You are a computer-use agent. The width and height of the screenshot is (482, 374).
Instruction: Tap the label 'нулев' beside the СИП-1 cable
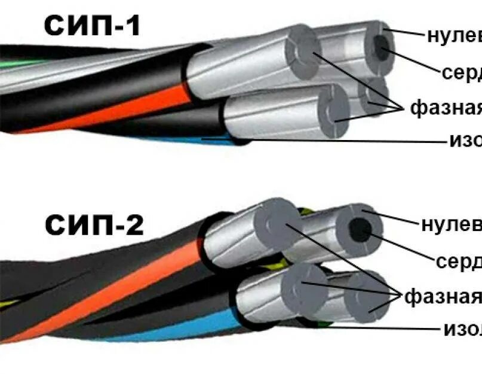click(x=455, y=36)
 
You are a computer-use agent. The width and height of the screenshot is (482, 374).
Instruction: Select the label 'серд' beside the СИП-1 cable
click(x=462, y=72)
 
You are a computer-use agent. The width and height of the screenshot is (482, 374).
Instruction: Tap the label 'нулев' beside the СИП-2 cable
click(x=451, y=224)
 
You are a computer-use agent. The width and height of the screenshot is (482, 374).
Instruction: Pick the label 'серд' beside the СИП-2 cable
click(x=459, y=262)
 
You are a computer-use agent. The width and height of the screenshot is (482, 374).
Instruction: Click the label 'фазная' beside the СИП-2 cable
click(x=443, y=296)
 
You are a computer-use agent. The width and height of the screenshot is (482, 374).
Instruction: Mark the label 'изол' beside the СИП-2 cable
click(x=462, y=328)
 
